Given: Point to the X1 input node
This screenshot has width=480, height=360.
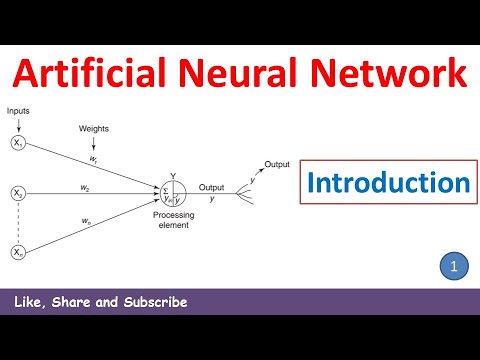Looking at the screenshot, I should click(x=18, y=145).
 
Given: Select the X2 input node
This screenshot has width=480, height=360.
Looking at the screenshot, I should click(x=18, y=192).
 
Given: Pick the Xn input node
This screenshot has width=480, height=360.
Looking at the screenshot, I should click(x=18, y=253).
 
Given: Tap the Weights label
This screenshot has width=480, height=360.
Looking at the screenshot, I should click(x=95, y=129).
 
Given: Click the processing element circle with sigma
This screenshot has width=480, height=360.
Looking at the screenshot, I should click(x=172, y=191).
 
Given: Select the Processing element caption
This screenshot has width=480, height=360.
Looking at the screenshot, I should click(x=172, y=221).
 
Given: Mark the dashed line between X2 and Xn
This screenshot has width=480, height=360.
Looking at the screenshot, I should click(x=18, y=222).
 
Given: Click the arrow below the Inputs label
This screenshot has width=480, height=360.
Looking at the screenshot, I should click(x=18, y=125).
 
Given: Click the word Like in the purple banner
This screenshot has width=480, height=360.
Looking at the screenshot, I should click(x=29, y=302).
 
